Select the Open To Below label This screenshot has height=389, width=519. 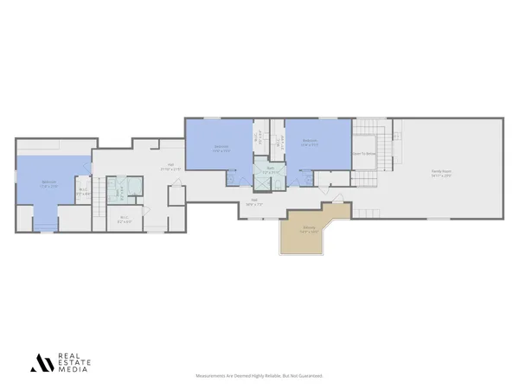(364, 153)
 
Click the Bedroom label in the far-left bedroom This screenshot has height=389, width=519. (50, 183)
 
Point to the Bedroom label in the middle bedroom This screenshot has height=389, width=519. (221, 146)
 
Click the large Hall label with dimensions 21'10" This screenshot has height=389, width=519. (170, 168)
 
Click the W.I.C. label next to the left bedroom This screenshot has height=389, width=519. (83, 192)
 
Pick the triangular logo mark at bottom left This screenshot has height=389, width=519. (42, 363)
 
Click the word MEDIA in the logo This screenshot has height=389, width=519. (72, 370)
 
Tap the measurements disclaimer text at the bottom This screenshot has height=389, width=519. (259, 377)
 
